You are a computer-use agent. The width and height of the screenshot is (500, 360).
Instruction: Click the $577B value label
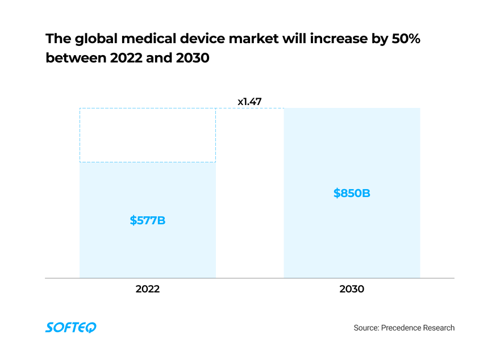pyautogui.click(x=147, y=220)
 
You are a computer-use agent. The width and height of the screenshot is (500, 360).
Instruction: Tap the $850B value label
pyautogui.click(x=352, y=193)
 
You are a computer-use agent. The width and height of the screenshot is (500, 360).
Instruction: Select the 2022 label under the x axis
pyautogui.click(x=147, y=289)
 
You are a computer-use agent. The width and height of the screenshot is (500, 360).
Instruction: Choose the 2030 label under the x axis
pyautogui.click(x=352, y=289)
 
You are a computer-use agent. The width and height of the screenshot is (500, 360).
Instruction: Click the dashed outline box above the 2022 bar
pyautogui.click(x=147, y=135)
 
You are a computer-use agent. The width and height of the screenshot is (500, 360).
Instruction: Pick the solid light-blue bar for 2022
pyautogui.click(x=147, y=250)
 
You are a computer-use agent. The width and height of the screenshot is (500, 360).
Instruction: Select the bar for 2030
pyautogui.click(x=352, y=238)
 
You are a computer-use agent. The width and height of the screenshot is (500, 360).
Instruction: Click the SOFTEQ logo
pyautogui.click(x=71, y=328)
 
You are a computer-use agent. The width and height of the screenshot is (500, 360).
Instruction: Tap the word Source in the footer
pyautogui.click(x=366, y=328)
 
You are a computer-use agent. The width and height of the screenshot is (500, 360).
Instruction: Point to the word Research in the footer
pyautogui.click(x=439, y=328)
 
